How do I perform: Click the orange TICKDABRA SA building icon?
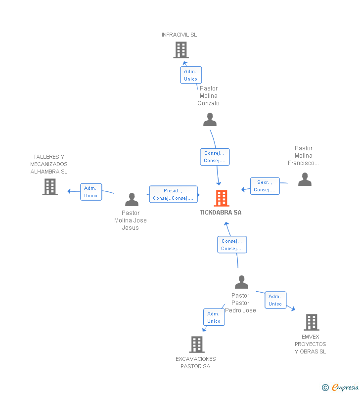[x=222, y=198]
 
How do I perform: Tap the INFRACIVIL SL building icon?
[x=181, y=50]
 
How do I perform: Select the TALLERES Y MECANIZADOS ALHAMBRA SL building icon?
[x=50, y=187]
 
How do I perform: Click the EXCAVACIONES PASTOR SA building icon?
[x=197, y=345]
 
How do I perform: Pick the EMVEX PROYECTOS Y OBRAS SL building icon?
[x=312, y=322]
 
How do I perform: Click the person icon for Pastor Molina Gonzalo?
[x=210, y=120]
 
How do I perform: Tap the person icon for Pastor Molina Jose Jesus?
[x=132, y=200]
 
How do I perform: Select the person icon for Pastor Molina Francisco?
[x=305, y=179]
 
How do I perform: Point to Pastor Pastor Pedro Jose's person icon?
[x=241, y=282]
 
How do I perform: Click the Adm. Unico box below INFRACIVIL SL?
[x=191, y=75]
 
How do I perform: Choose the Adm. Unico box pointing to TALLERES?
[x=91, y=192]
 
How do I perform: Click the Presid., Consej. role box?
[x=173, y=194]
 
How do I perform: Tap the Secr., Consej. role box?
[x=265, y=186]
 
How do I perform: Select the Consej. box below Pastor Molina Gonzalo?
[x=215, y=157]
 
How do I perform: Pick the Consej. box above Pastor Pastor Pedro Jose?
[x=232, y=245]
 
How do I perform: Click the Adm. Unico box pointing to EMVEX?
[x=275, y=300]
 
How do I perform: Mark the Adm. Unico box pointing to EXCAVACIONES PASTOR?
[x=214, y=317]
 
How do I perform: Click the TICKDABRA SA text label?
[x=221, y=213]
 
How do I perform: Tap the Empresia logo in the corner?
[x=340, y=388]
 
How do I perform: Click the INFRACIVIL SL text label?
[x=179, y=35]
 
